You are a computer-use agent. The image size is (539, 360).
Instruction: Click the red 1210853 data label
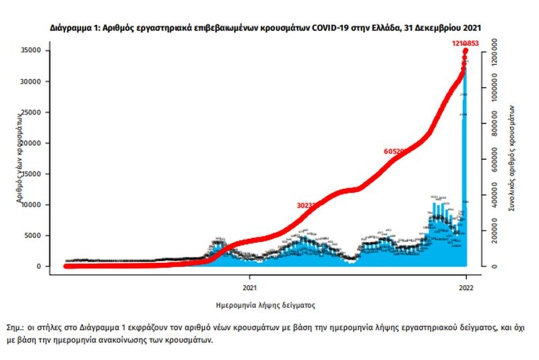click(465, 44)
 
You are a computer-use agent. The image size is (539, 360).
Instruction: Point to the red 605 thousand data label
click(394, 152)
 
